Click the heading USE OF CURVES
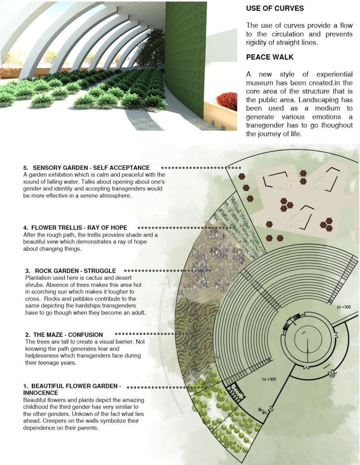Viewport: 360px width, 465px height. pyautogui.click(x=275, y=8)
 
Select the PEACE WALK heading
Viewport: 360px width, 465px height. pyautogui.click(x=270, y=57)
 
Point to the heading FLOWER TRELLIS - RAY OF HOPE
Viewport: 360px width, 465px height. pyautogui.click(x=79, y=228)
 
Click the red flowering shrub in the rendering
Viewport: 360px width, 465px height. pyautogui.click(x=227, y=101)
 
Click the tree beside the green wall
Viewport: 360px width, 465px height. pyautogui.click(x=152, y=49)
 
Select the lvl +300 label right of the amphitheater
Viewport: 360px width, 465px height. pyautogui.click(x=344, y=307)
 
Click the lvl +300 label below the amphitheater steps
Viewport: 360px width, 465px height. pyautogui.click(x=269, y=379)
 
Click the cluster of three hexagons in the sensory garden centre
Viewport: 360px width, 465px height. pyautogui.click(x=286, y=205)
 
